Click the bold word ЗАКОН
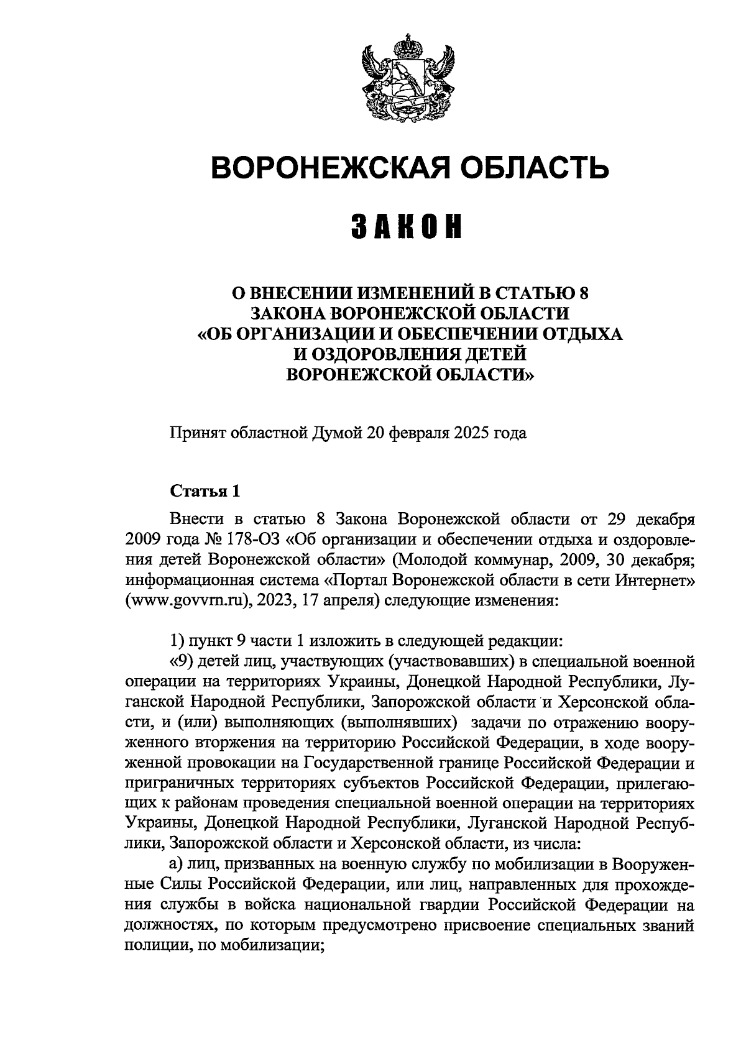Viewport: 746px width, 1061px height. (408, 226)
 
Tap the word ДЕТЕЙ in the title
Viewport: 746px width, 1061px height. (495, 354)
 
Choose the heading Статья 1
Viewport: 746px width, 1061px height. (205, 491)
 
